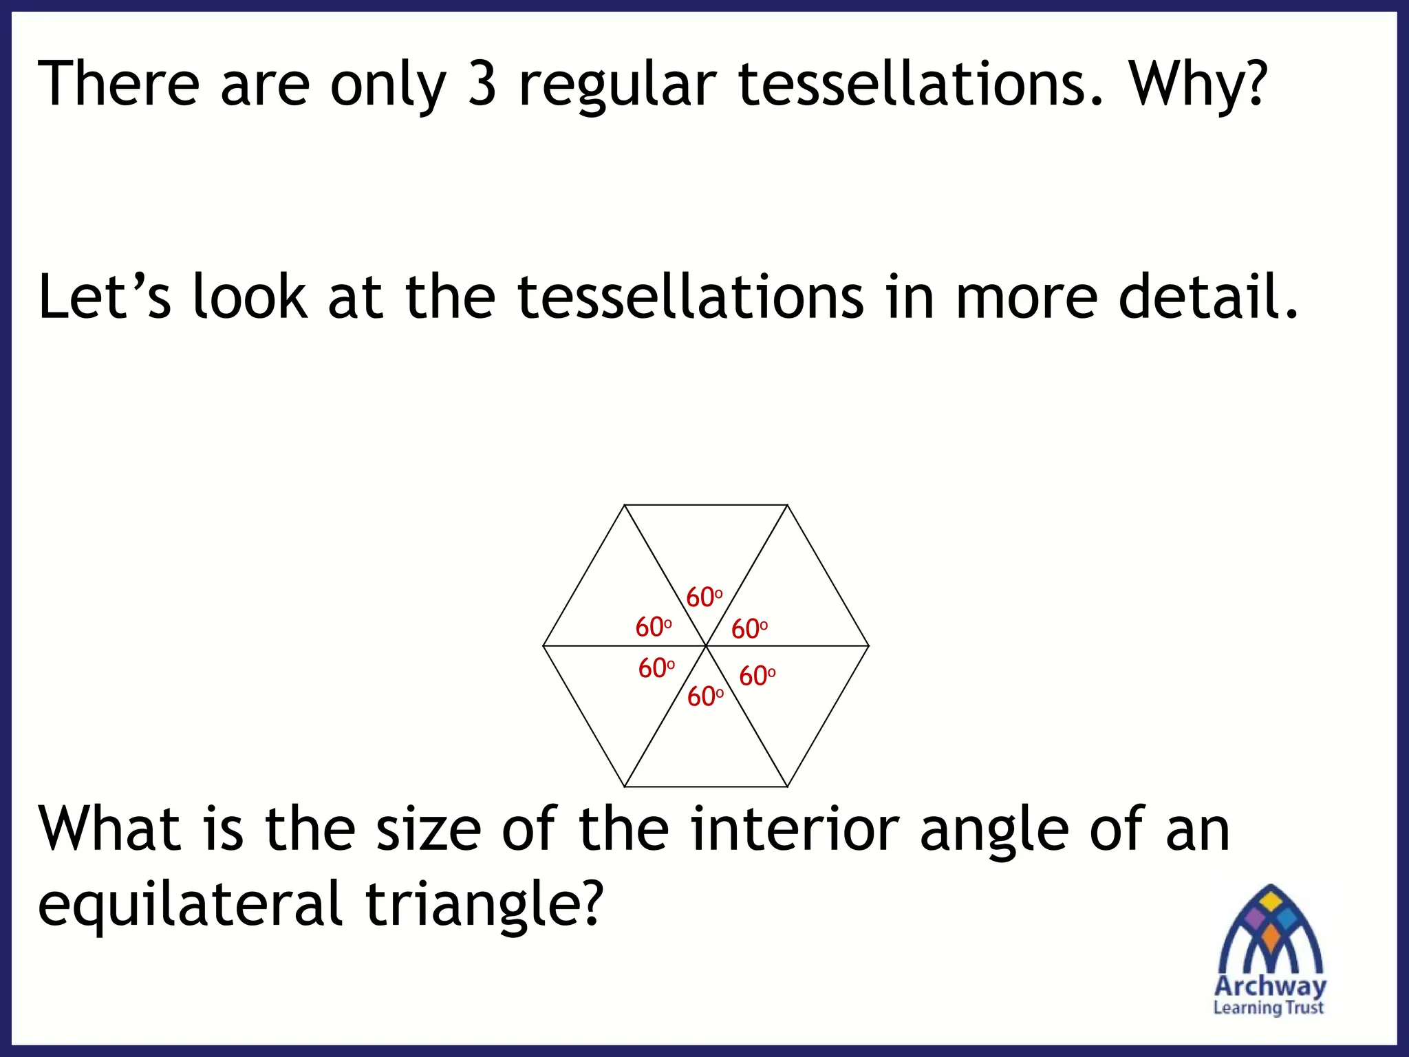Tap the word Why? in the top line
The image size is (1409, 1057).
tap(1197, 84)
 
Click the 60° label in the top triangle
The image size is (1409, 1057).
tap(704, 597)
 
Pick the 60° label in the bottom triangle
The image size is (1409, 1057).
tap(705, 696)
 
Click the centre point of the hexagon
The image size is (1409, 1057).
tap(706, 645)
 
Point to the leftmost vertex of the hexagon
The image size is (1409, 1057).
tap(544, 645)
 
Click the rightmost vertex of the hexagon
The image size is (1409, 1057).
tap(869, 645)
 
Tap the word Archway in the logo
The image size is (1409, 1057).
tap(1270, 985)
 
